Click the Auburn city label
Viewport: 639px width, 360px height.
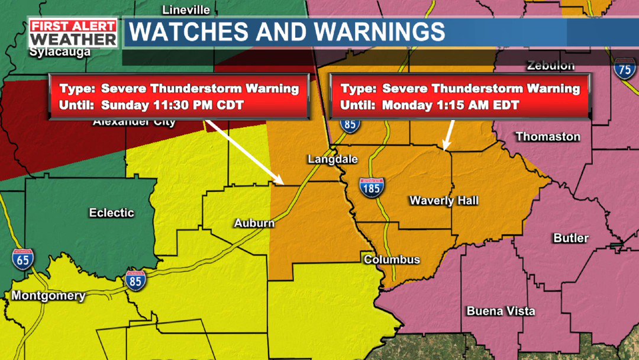pos(254,223)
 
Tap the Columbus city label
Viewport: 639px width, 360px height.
pos(392,260)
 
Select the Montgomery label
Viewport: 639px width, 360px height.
pos(49,296)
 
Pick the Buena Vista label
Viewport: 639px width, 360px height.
pos(501,311)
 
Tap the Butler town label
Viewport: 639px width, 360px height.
pos(571,238)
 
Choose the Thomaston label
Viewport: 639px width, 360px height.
pos(548,137)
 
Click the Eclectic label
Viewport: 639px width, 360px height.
pos(112,213)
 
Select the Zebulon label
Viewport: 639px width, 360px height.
pos(551,65)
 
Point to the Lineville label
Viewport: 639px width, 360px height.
pos(186,10)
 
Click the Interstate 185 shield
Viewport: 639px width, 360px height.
pos(371,188)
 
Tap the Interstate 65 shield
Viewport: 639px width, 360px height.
pos(22,259)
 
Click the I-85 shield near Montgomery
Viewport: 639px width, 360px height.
pos(135,280)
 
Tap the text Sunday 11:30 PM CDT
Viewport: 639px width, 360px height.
pos(173,106)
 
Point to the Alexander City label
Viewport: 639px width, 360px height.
pos(134,123)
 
